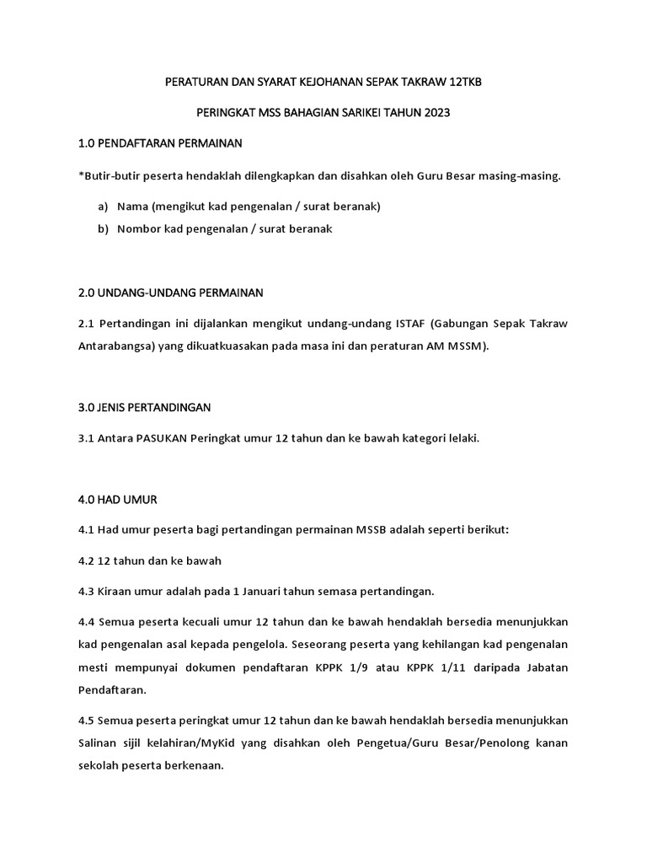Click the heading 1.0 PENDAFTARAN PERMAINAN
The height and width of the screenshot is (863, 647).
(160, 144)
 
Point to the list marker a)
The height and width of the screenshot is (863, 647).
(103, 206)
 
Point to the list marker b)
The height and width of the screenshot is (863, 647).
(103, 228)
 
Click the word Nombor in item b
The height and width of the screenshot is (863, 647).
(138, 228)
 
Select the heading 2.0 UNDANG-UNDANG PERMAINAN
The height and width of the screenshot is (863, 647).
(170, 292)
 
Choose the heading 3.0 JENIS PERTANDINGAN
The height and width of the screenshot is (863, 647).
(144, 407)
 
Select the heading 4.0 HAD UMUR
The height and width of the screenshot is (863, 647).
(117, 500)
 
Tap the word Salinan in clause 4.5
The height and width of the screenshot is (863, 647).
(99, 742)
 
